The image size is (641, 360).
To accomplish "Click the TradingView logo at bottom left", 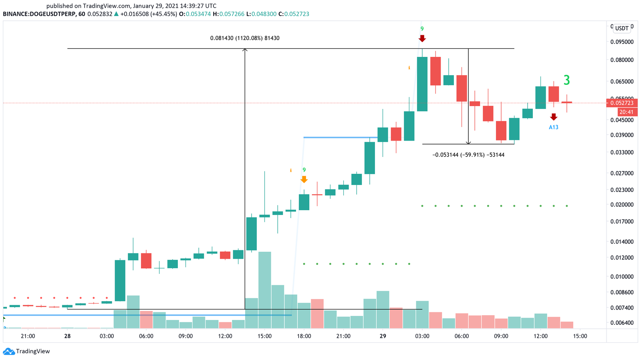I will point(26,351).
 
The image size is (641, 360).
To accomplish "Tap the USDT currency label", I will point(622,28).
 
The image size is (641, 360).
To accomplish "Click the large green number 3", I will point(566,80).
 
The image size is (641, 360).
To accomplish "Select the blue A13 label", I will point(553,127).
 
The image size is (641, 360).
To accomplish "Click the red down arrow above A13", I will point(553,117).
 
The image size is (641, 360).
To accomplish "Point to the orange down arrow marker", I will point(304,179).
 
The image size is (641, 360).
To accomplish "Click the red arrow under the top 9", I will point(422,38).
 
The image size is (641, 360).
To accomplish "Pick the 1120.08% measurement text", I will point(245,38).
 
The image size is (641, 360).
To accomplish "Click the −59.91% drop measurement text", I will point(468,155).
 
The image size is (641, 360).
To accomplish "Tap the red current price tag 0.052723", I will point(622,103).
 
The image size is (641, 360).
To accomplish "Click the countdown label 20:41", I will point(626,112).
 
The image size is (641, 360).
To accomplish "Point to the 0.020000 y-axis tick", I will point(622,204).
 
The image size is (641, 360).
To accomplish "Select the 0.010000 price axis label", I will point(622,276).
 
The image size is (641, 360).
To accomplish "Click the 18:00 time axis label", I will point(304,336).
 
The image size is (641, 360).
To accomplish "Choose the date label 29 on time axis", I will point(383,336).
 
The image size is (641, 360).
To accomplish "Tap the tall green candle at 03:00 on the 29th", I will point(422,84).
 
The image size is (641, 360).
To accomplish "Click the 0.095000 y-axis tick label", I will point(622,42).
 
